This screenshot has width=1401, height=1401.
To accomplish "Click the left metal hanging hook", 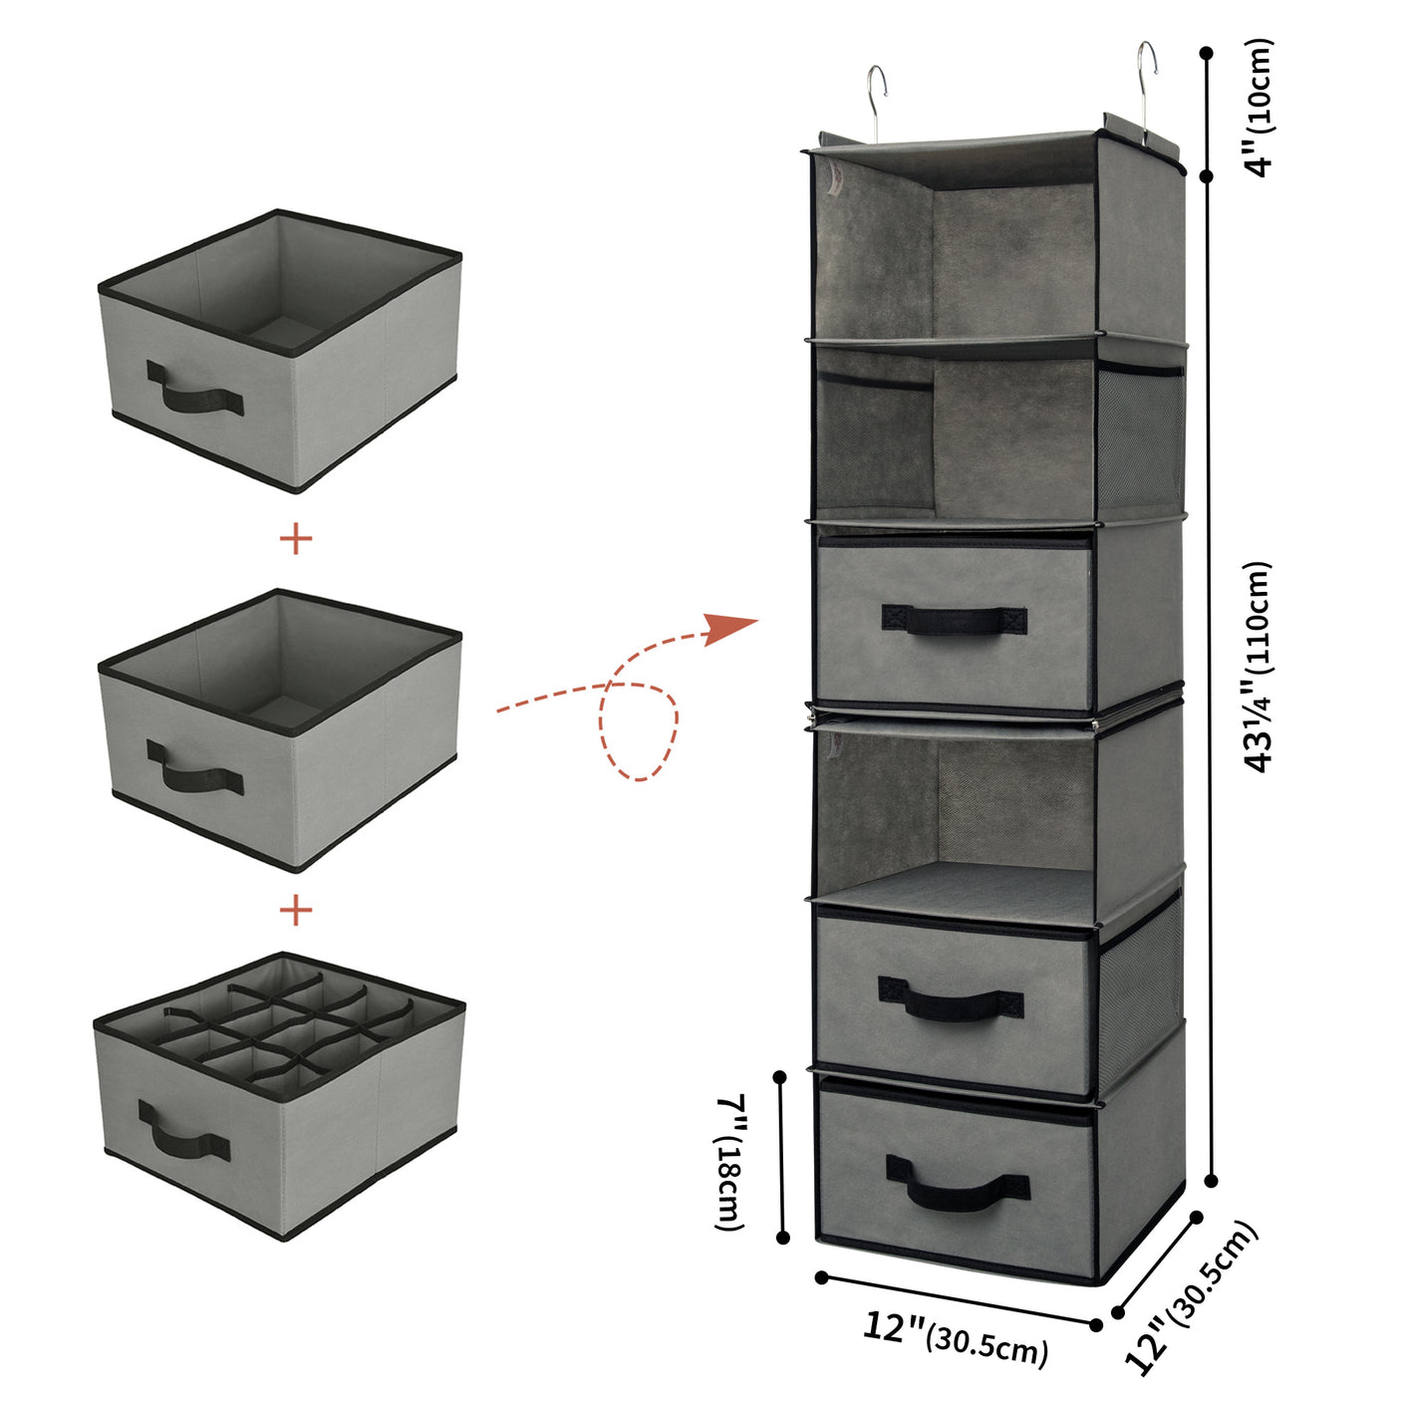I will coord(874,100).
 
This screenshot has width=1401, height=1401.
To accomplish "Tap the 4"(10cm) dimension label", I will coord(1261,108).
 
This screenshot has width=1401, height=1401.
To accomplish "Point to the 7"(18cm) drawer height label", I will coord(732,1161).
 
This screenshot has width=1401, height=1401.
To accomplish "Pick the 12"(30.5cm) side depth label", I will coord(1191,1296).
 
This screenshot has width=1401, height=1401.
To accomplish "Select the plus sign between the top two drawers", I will coord(296,539).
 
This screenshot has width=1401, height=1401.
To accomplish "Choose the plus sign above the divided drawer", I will coord(296,910).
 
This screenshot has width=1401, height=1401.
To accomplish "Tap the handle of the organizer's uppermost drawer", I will coord(954,620).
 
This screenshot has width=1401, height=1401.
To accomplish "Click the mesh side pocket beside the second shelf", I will coord(1140,438).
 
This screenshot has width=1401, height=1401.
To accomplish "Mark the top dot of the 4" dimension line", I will coord(1207,53).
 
